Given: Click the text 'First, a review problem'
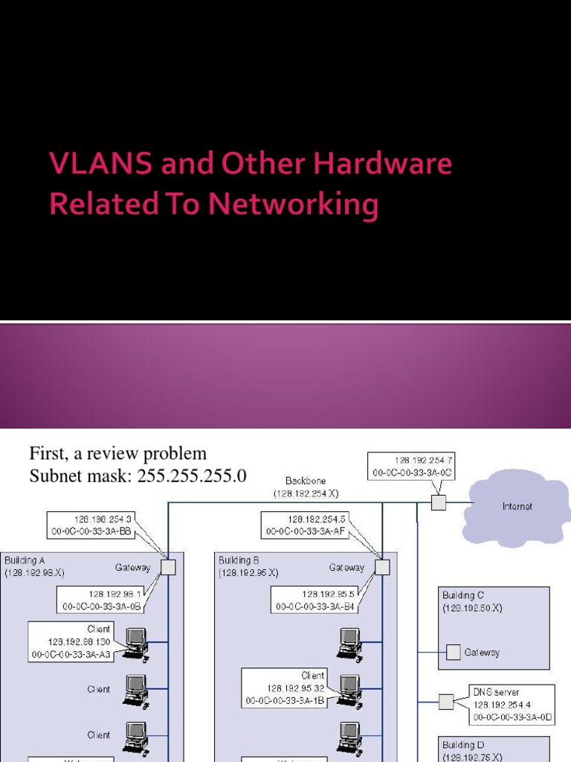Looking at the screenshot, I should [x=117, y=453].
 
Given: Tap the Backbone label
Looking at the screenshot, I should [x=306, y=481].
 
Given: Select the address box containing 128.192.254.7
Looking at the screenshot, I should [x=413, y=467].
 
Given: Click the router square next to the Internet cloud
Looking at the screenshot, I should [x=439, y=504].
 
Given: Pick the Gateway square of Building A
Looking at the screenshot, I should [x=168, y=567].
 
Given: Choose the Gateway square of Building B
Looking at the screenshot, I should [x=382, y=567].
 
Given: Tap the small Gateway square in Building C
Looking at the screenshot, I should [x=453, y=653].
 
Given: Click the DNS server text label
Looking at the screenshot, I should [x=496, y=692].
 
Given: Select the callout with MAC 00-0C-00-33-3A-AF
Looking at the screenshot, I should [x=305, y=525].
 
